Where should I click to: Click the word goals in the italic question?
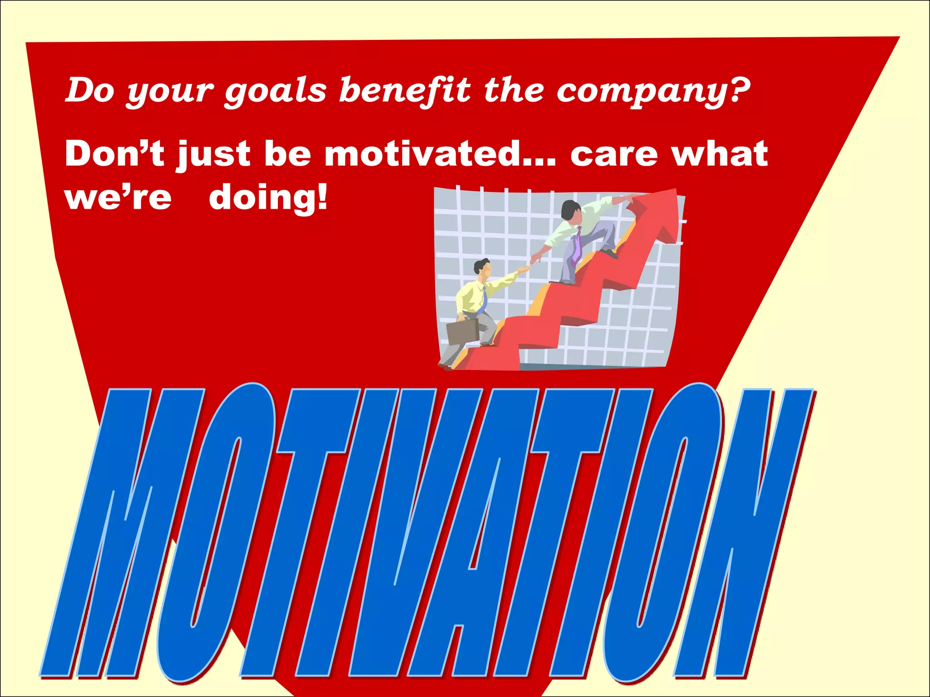[275, 90]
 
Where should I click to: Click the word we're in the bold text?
[119, 198]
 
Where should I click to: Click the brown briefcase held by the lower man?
[462, 331]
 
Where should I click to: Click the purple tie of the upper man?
[577, 245]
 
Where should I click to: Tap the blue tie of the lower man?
[484, 299]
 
